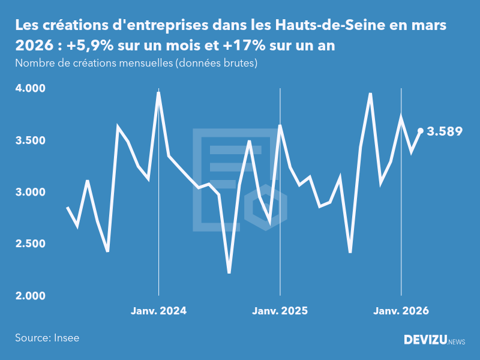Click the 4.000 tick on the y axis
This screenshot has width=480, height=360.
point(30,88)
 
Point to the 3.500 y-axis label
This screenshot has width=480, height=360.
point(30,140)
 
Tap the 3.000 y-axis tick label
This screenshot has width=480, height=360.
point(30,192)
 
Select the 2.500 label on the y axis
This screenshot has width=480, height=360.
point(30,244)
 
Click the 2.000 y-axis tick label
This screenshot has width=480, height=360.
point(30,296)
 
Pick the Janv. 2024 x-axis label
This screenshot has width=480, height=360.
point(158,311)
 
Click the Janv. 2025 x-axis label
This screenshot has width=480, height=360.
point(280,311)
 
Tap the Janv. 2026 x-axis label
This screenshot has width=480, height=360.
point(401,311)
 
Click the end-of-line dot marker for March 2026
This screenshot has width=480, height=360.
point(421,130)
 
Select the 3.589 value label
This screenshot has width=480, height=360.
point(445,131)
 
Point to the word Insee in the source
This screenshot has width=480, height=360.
point(65,338)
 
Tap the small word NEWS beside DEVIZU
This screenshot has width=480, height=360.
point(457,342)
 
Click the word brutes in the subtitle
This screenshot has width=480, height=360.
point(241,63)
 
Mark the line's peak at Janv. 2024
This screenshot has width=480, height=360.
point(158,92)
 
